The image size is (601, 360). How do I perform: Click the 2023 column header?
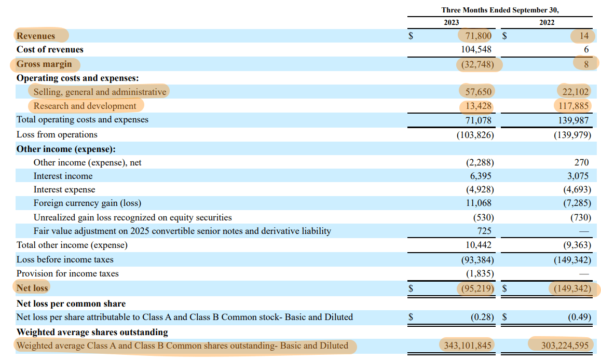451,22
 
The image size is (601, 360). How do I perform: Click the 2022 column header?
547,22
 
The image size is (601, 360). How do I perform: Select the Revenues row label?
36,36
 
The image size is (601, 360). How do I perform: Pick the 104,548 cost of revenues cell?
474,50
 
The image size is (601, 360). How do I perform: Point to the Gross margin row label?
44,64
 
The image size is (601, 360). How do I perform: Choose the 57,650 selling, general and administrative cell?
476,92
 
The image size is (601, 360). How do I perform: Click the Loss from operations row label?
57,134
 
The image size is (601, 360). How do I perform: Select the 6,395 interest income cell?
481,176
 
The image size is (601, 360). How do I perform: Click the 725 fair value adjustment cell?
484,230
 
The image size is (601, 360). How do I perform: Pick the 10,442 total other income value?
477,244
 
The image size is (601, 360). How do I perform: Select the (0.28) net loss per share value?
482,316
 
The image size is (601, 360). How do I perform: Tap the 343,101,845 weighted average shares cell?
466,345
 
